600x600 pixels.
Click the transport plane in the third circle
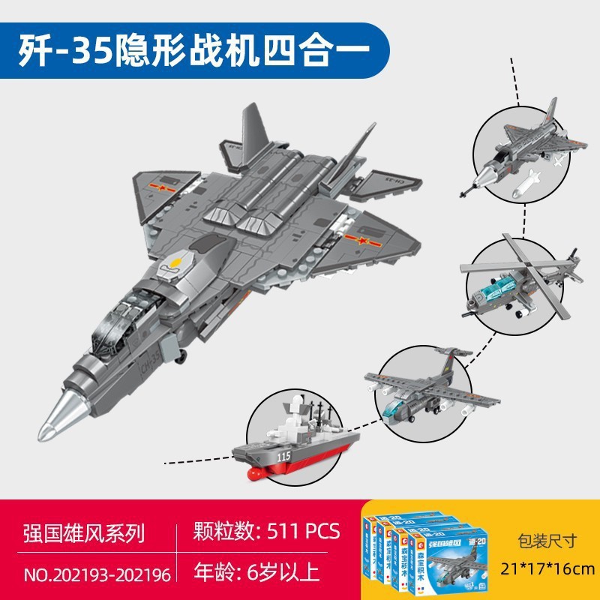point(427,390)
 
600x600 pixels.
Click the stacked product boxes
point(423,547)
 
